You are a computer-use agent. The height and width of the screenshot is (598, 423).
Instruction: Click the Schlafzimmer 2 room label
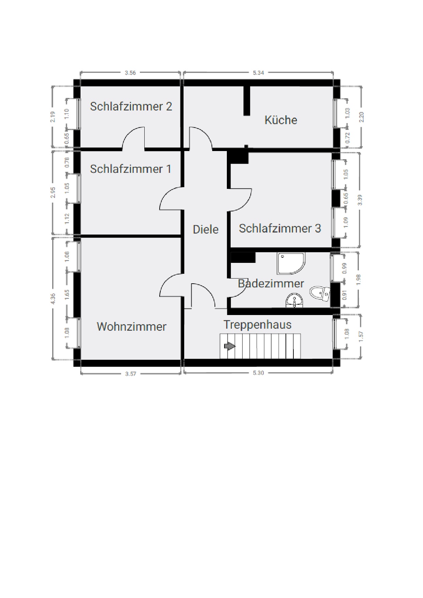pos(131,106)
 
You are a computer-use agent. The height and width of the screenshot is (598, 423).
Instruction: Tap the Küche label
pos(281,120)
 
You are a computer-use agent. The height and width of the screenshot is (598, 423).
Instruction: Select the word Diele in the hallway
pos(205,229)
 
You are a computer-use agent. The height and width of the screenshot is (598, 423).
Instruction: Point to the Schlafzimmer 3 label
pos(280,228)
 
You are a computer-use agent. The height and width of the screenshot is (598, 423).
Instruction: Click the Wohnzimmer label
pos(132,327)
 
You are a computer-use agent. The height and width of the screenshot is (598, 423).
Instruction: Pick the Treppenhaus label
pos(258,325)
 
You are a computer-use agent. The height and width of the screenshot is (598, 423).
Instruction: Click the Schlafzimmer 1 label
pos(131,169)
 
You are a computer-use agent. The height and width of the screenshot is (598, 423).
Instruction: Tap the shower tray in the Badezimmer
pos(291,264)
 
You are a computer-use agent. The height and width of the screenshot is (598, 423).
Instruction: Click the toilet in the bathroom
pos(320,294)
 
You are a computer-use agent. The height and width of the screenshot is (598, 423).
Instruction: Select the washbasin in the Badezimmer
pos(294,300)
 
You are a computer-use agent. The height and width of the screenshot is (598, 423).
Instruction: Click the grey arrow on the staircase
pos(230,346)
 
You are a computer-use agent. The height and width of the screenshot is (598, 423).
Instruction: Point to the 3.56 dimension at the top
pos(130,73)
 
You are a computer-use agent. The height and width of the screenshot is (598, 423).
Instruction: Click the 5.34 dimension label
pos(258,73)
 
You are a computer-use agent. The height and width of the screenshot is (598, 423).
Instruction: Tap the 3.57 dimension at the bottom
pos(130,374)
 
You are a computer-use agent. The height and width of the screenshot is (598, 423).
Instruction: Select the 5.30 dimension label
pos(258,373)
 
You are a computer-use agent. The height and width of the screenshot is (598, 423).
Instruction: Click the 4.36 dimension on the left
pos(53,298)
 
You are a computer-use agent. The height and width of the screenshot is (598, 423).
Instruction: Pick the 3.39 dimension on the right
pos(360,200)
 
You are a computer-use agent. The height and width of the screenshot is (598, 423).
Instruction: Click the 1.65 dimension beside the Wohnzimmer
pos(67,295)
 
